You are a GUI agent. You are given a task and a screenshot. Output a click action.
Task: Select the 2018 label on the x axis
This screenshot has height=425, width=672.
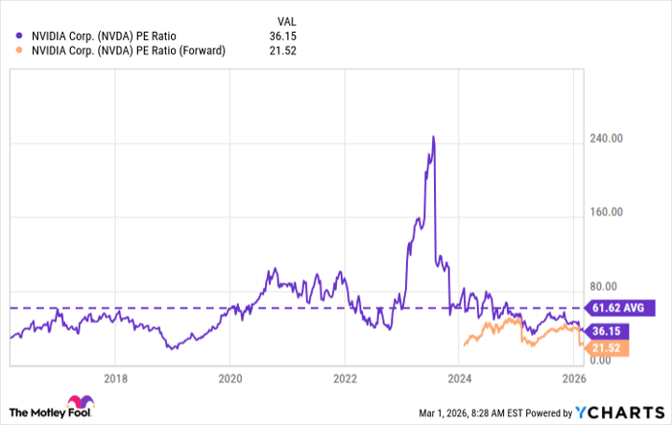point(115,377)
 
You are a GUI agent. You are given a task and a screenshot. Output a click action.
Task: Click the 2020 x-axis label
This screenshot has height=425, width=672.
point(229,377)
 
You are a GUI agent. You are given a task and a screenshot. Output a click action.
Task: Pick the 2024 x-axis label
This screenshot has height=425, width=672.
point(460,377)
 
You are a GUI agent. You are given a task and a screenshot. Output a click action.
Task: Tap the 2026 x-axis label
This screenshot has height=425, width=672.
point(575,377)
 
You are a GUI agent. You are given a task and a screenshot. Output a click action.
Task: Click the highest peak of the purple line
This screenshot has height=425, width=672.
point(434,136)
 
